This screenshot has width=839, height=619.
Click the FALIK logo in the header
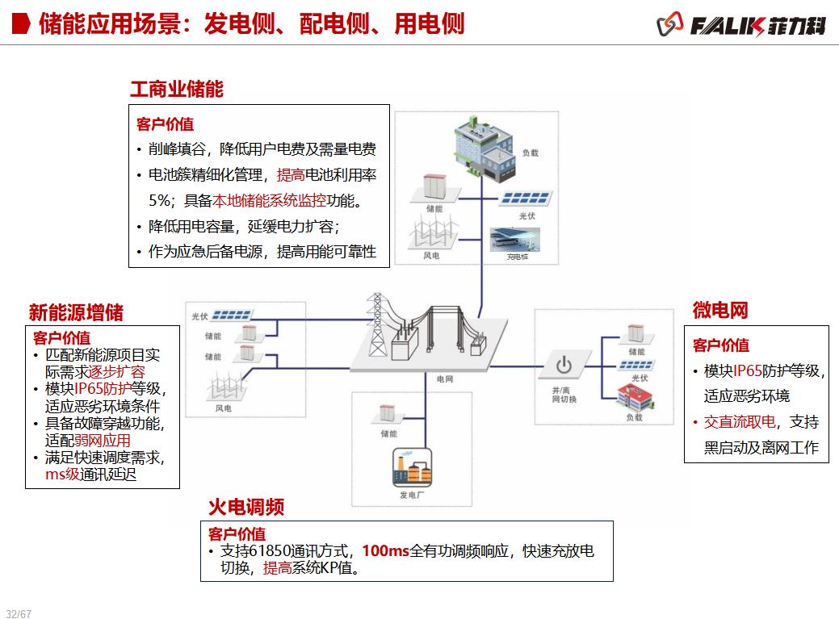point(741,25)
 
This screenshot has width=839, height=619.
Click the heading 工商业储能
point(177,89)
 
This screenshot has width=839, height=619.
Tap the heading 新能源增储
point(76,312)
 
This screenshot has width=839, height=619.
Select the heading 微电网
point(720,309)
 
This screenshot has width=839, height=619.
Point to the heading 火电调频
point(246,507)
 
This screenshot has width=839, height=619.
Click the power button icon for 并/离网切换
point(564,365)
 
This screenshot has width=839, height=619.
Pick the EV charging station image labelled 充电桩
point(516,240)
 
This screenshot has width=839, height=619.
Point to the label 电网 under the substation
point(445,379)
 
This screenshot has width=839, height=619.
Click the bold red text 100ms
point(385,551)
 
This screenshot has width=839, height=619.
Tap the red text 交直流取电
point(739,422)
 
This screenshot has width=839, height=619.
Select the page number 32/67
point(18,613)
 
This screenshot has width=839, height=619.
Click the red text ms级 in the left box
point(62,475)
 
